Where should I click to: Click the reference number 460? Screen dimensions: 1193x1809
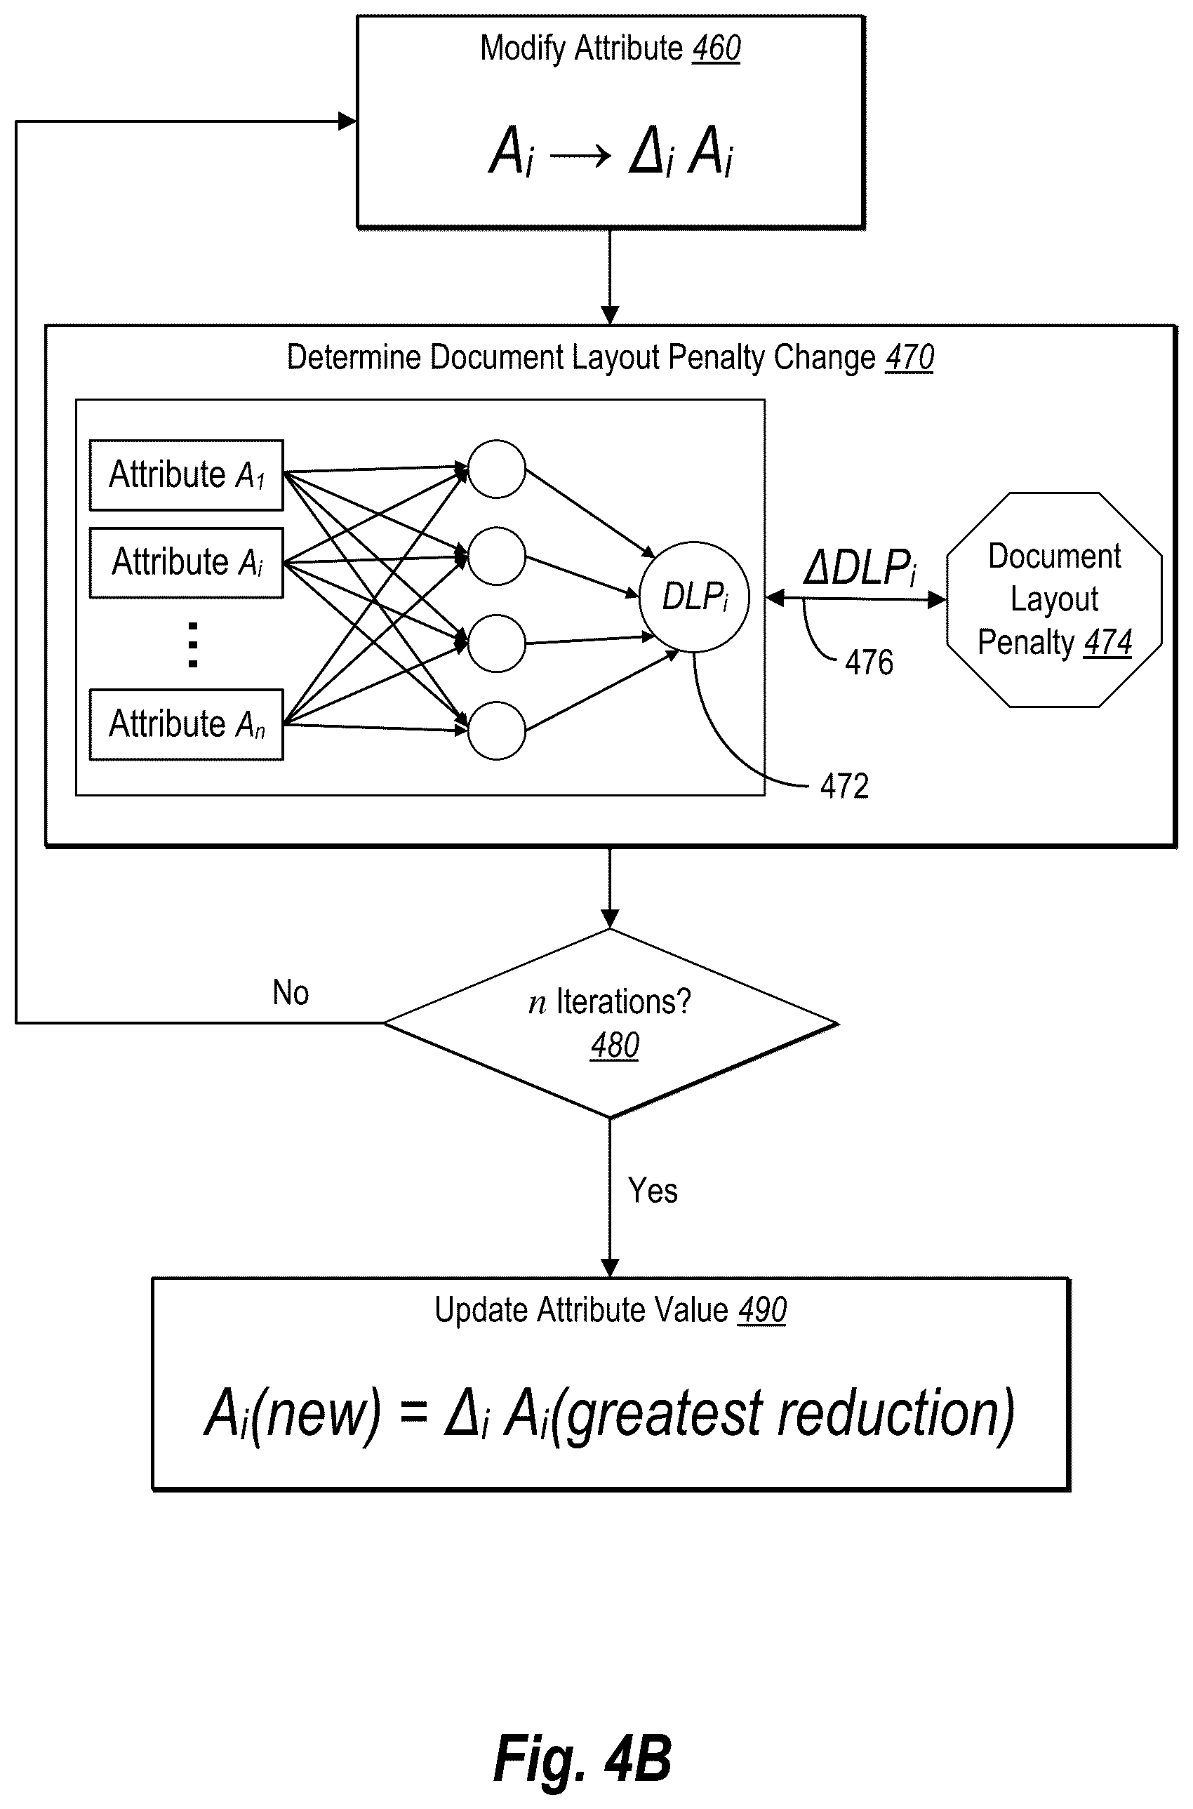coord(716,48)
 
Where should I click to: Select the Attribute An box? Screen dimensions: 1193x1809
coord(187,724)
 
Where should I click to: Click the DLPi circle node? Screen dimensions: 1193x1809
coord(695,596)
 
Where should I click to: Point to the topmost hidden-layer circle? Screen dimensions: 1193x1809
coord(497,469)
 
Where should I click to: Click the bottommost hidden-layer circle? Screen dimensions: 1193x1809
coord(497,731)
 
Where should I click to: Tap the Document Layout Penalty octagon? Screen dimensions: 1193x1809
coord(1055,599)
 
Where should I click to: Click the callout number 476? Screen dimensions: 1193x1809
coord(869,662)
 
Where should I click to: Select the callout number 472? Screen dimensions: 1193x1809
coord(844,787)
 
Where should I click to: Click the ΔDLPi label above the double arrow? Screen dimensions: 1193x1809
coord(860,567)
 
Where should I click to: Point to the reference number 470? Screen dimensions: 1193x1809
coord(910,358)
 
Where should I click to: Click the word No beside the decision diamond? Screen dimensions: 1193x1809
coord(291,993)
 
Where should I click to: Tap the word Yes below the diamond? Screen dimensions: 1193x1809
coord(653,1191)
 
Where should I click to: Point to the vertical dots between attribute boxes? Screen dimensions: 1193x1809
coord(192,645)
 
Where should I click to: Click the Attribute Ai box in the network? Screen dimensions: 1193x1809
coord(187,563)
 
